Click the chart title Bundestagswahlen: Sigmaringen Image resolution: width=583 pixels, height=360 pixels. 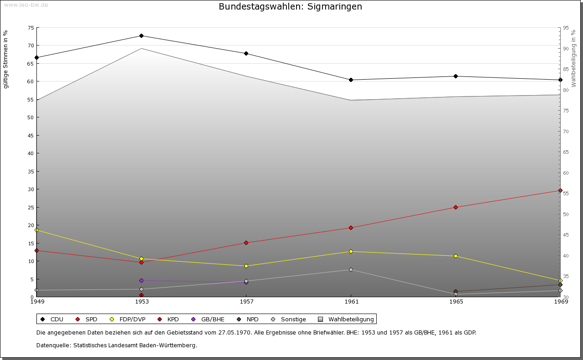[x=290, y=6]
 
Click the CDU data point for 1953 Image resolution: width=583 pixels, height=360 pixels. [x=141, y=35]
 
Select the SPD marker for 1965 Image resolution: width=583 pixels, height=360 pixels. [x=455, y=207]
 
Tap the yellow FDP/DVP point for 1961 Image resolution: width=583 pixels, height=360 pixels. [x=351, y=251]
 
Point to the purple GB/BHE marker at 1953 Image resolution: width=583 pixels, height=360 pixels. [x=141, y=280]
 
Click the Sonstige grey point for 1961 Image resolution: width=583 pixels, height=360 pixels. [x=351, y=269]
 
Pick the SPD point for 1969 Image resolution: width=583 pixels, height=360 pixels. [x=560, y=190]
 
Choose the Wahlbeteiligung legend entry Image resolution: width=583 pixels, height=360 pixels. [x=346, y=319]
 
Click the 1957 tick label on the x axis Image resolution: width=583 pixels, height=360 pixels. [x=246, y=301]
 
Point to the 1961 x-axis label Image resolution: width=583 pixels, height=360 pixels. [x=351, y=301]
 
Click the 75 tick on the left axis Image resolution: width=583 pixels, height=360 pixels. [x=31, y=28]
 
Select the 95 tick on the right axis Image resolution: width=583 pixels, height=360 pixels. [x=565, y=28]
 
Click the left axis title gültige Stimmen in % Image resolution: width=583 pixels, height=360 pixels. [x=6, y=59]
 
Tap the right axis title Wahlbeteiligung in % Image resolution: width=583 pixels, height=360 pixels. [x=573, y=58]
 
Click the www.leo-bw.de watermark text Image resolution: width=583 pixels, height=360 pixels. [x=26, y=5]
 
